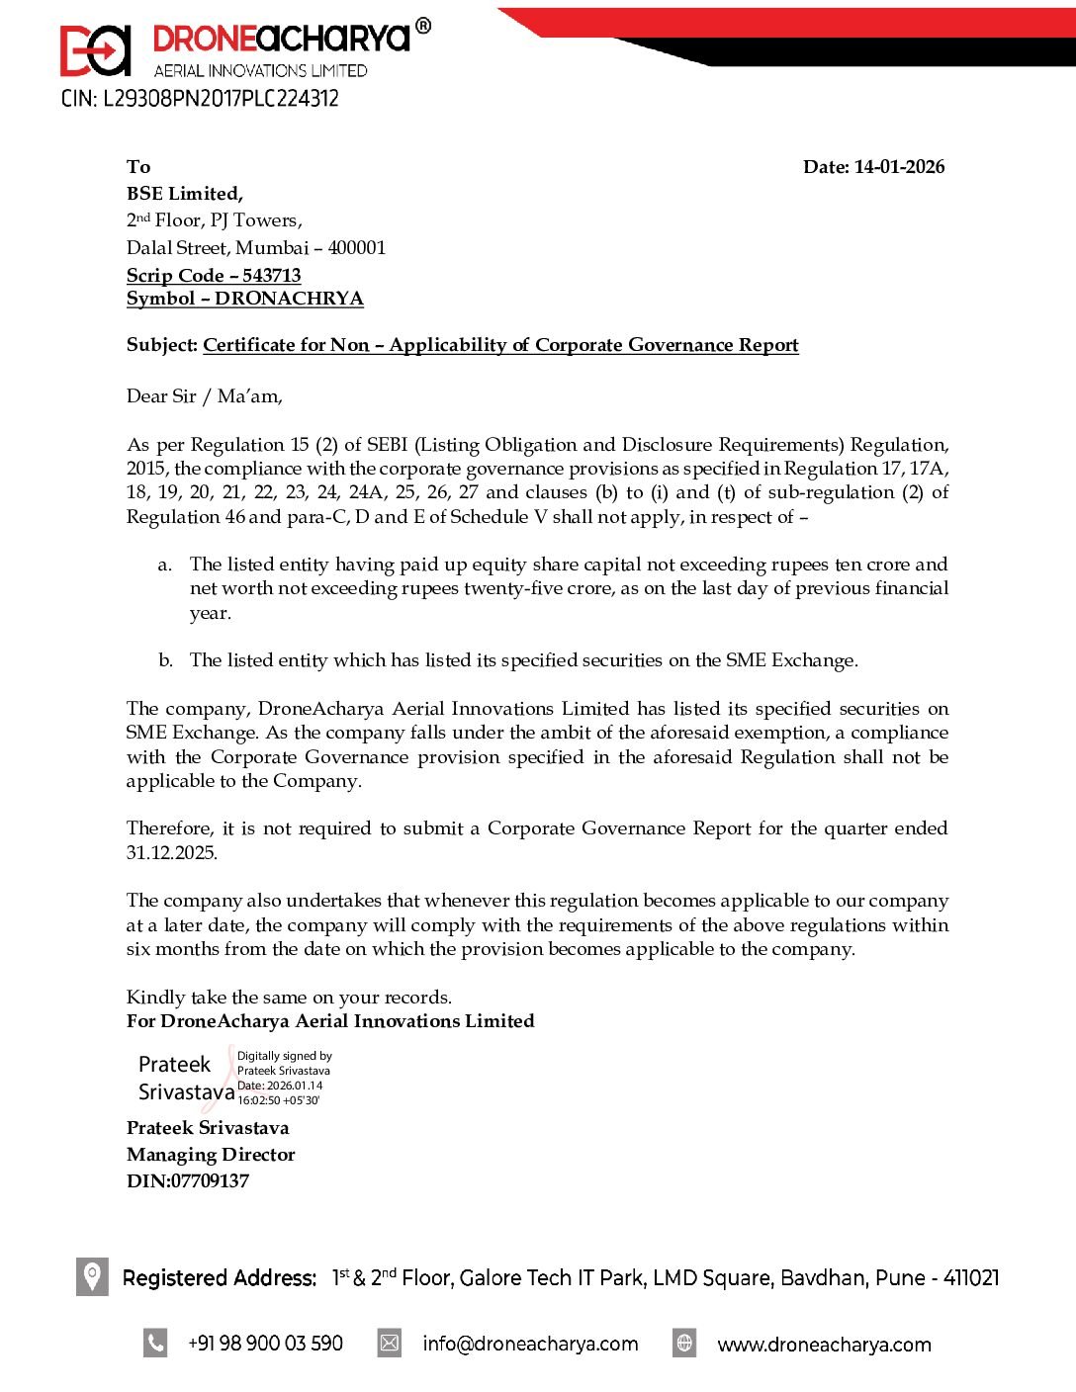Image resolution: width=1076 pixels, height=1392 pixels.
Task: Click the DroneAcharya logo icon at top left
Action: click(95, 49)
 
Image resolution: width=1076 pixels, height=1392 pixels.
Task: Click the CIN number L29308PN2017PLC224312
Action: click(200, 99)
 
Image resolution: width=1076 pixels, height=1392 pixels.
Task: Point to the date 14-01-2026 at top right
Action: click(899, 167)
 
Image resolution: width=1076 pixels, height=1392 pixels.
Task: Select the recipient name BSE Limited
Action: click(184, 194)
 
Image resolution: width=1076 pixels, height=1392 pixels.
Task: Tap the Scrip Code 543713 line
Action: click(214, 276)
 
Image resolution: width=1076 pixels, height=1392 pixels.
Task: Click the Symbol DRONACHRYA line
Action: click(244, 299)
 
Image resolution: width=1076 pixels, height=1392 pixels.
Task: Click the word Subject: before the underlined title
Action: click(162, 345)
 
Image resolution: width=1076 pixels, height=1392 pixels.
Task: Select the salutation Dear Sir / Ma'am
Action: click(204, 396)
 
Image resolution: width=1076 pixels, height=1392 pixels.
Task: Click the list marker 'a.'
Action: click(165, 565)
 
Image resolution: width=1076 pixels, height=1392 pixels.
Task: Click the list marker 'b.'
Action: click(165, 660)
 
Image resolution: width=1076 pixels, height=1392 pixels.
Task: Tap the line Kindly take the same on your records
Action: click(289, 998)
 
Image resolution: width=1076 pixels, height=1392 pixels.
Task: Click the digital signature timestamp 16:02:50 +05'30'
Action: click(279, 1100)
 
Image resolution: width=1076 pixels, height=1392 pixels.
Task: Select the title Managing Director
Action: click(211, 1155)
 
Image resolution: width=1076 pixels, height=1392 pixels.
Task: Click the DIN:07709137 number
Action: click(188, 1181)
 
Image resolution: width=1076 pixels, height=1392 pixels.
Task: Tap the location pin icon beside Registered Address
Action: click(92, 1276)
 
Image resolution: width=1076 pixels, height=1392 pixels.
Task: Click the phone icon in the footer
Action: click(155, 1344)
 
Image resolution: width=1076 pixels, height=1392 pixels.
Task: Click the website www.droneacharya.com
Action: click(824, 1345)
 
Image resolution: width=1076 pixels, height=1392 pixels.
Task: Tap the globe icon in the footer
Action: click(684, 1344)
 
